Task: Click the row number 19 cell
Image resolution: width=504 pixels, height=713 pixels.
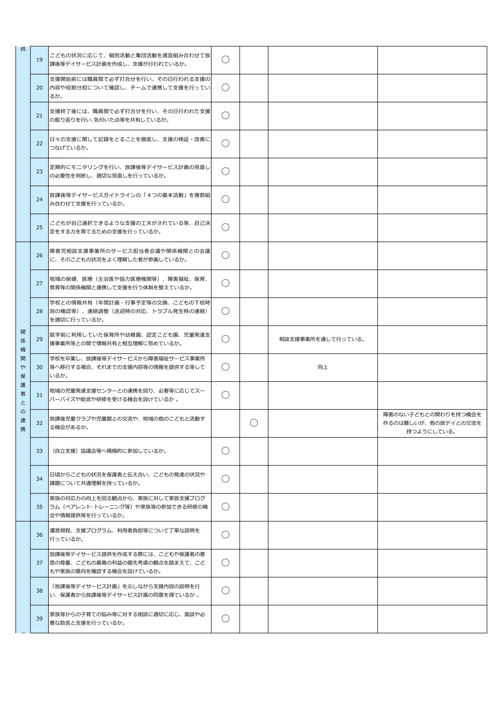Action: tap(39, 60)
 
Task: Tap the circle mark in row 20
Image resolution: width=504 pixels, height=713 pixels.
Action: tap(225, 87)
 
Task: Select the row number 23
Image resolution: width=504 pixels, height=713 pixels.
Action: tap(39, 172)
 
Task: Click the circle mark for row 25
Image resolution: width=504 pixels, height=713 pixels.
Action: tap(225, 227)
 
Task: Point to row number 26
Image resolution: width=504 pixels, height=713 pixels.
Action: tap(39, 255)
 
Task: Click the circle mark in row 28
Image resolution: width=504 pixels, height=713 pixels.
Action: tap(225, 311)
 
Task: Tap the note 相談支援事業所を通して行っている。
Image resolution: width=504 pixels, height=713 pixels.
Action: tap(322, 339)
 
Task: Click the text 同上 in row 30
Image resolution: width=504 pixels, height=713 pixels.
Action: tap(322, 367)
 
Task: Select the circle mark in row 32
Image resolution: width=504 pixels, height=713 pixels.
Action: tap(254, 423)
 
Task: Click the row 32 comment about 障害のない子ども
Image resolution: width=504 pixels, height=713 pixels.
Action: tap(432, 423)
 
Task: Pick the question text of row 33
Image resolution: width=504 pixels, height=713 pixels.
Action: tap(109, 451)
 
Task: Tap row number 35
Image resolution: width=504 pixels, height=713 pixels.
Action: tap(39, 507)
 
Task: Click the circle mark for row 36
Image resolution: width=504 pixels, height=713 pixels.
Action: tap(225, 535)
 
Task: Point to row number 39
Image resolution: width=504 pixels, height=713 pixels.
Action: tap(39, 619)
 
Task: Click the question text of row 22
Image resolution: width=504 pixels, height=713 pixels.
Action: tap(130, 143)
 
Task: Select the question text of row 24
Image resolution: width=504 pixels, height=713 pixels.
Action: tap(130, 199)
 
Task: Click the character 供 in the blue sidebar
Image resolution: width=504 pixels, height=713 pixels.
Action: tap(23, 49)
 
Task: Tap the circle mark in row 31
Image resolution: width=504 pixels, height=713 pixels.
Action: tap(225, 395)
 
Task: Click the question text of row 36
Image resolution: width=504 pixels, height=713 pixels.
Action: tap(125, 535)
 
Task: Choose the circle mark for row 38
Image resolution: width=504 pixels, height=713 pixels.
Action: tap(225, 591)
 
